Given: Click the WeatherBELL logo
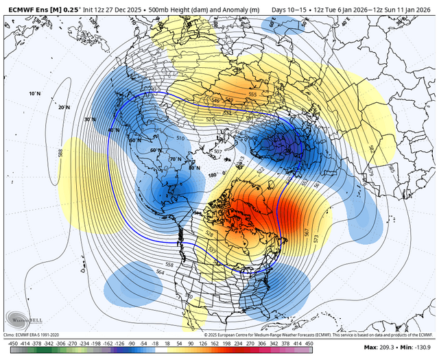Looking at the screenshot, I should pos(23,320).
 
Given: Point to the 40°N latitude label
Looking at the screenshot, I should pos(113,130).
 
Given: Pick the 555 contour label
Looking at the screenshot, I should pos(252,94).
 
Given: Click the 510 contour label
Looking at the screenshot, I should pos(180,139).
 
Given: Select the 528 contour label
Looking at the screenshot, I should pos(209,235).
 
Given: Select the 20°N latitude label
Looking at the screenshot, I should pos(64,108).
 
